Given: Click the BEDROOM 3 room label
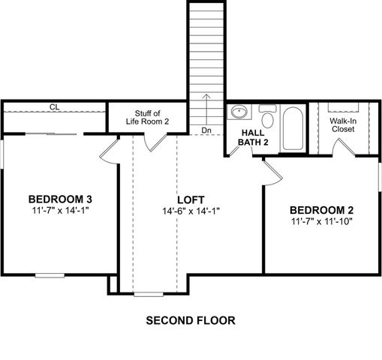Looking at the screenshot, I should pos(60,199).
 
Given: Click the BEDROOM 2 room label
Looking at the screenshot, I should pos(321,209).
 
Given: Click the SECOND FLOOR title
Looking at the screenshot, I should pos(191,320).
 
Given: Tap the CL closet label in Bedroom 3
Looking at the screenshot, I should pos(55,107).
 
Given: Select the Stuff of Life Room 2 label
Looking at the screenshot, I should pos(152,117).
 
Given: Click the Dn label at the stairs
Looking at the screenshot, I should pos(206,130).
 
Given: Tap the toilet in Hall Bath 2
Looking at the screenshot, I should pos(267,118).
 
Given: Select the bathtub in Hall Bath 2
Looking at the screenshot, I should pos(292,127).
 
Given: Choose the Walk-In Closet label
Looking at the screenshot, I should pos(343,124).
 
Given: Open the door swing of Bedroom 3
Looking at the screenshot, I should pos(110,149).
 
